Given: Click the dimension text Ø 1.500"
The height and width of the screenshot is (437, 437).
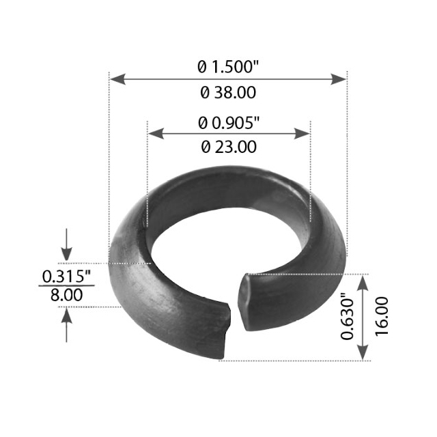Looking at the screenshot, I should pos(228,67).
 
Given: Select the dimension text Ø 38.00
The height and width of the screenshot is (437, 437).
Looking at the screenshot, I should pos(228,92).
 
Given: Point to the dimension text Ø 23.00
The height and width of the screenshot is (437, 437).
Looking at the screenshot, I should pos(229,146).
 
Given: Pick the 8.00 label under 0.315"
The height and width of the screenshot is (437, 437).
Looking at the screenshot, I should pos(66,295).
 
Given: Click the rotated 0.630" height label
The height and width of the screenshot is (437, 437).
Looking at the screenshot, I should pos(348,317).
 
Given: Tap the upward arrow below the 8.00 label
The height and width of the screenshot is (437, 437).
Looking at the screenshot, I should pos(66,320).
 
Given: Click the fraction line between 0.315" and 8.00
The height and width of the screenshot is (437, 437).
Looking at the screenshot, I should pos(66,285).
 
